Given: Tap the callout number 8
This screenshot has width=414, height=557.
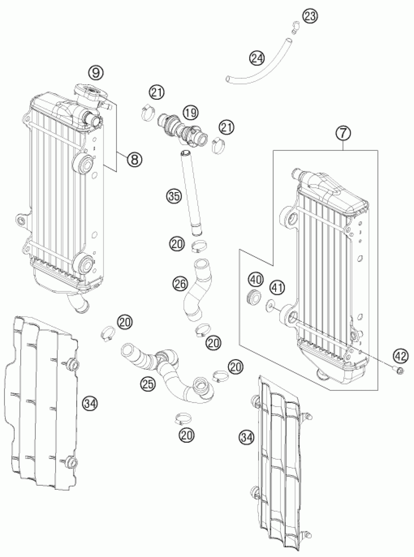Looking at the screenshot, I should point(134,159).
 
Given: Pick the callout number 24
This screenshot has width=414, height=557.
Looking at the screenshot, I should point(257,58).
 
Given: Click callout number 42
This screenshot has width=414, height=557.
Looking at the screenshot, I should point(400,356).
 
